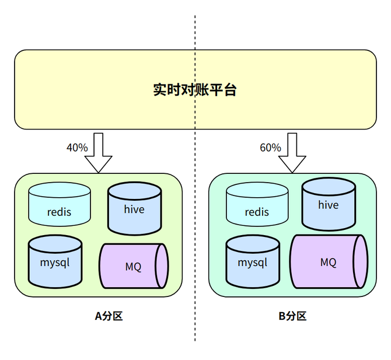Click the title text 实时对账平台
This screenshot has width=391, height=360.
pos(195,90)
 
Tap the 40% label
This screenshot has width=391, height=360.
pos(77,148)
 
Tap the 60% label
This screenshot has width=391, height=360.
pos(270,148)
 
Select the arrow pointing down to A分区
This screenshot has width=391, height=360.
pos(98,152)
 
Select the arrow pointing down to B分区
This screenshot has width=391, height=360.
pos(292,152)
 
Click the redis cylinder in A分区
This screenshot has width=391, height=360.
pos(60,204)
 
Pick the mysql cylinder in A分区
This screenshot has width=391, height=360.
pos(55,262)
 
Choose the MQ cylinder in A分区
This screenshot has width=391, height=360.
pos(133,266)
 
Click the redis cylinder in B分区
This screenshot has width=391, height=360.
pos(257,204)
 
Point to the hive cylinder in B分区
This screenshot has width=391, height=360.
pos(328,204)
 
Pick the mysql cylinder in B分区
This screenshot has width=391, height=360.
pos(252,262)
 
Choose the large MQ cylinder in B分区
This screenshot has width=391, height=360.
pos(329,262)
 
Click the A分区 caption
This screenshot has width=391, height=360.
pos(109,316)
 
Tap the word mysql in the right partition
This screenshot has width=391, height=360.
pos(252,263)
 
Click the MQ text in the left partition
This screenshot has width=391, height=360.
pos(133,267)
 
